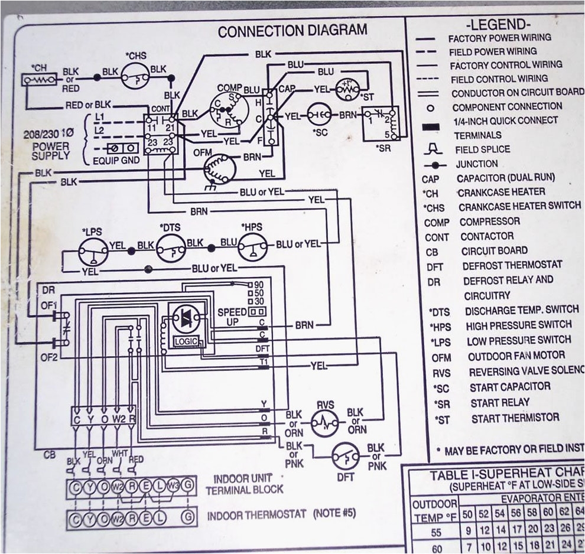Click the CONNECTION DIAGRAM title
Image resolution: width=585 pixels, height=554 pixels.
pos(292,31)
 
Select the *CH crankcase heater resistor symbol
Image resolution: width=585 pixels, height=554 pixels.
pos(40,79)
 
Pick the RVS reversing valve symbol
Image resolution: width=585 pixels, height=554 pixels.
pos(324,422)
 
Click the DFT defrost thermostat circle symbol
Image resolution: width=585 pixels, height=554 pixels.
pos(345,455)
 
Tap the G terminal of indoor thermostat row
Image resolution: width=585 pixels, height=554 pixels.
pos(188,517)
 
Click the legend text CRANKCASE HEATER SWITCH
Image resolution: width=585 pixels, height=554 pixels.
pos(519,206)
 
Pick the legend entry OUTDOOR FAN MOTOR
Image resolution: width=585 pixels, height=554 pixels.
pos(516,356)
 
